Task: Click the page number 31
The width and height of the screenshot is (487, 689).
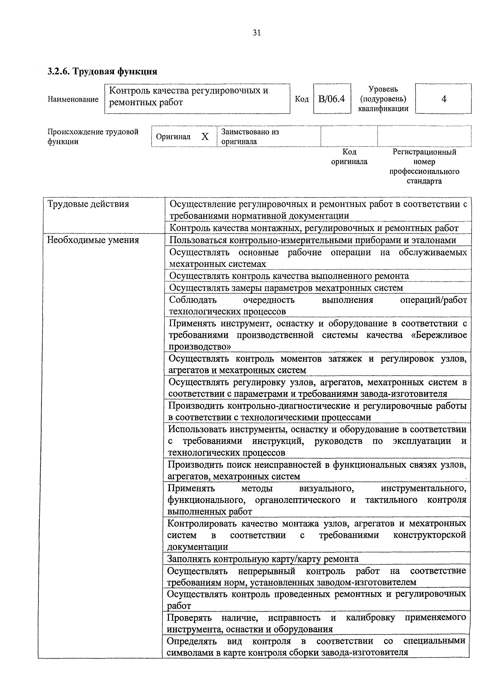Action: [x=257, y=33]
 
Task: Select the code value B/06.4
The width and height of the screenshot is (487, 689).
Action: [x=332, y=99]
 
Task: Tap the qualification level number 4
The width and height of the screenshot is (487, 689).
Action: [x=444, y=99]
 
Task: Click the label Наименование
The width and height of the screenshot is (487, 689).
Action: [x=73, y=99]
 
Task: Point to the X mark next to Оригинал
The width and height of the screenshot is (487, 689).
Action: [x=205, y=137]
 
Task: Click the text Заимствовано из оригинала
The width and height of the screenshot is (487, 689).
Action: [x=250, y=137]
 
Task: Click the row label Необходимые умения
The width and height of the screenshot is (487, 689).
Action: [x=93, y=240]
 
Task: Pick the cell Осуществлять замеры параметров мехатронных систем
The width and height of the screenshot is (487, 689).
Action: [x=286, y=288]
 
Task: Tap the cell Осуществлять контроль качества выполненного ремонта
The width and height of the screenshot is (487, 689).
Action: [x=289, y=276]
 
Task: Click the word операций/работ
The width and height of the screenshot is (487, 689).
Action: [x=434, y=300]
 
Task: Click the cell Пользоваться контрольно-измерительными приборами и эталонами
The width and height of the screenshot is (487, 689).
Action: [x=313, y=240]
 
